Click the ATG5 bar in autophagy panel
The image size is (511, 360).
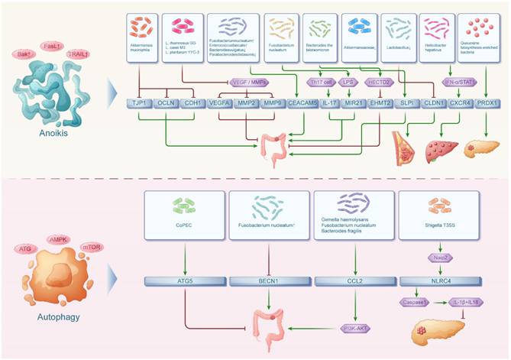pos(186,282)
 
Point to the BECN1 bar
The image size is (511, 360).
pos(270,282)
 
